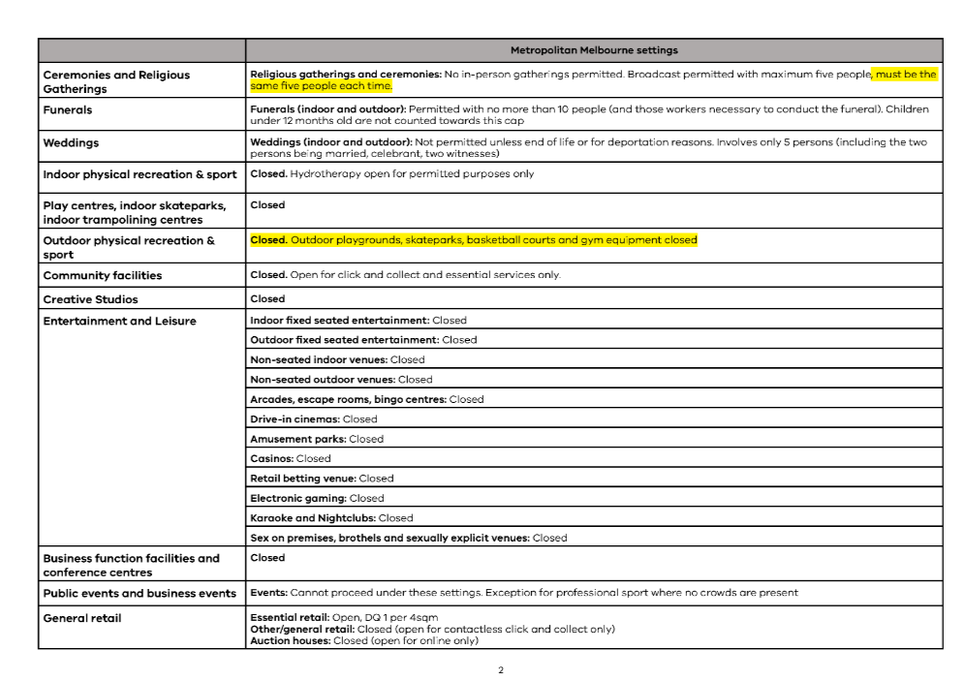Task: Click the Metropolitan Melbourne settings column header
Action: (x=594, y=50)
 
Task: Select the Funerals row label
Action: (x=68, y=110)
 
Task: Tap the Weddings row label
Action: (x=71, y=143)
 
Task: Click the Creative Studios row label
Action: (x=90, y=299)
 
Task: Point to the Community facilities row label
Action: (x=102, y=276)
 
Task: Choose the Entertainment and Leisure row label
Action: (x=119, y=322)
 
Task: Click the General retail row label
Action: (x=82, y=618)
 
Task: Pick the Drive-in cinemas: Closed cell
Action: (x=313, y=419)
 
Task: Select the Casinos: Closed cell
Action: (x=290, y=459)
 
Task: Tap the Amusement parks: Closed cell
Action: (x=317, y=439)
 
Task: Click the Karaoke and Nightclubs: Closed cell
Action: (x=331, y=518)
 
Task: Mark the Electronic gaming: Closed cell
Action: (x=317, y=498)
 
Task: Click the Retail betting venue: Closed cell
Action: (x=322, y=479)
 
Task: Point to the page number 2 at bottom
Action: (x=500, y=670)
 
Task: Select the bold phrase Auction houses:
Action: (x=290, y=640)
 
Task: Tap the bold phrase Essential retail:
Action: (x=289, y=617)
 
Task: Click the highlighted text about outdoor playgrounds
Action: (x=493, y=240)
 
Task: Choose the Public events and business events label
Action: (x=140, y=593)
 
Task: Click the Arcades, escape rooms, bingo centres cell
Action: (x=366, y=399)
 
